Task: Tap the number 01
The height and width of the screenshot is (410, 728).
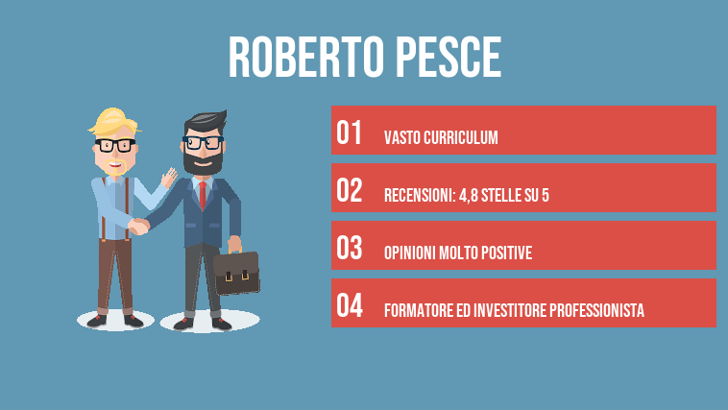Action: (x=349, y=133)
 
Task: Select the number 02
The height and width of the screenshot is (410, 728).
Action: (x=349, y=191)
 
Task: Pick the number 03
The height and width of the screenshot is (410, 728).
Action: (x=349, y=249)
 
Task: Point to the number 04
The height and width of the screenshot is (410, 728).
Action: (x=349, y=306)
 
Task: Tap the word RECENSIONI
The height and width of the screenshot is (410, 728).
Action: (x=415, y=196)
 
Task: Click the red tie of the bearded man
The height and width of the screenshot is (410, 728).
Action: (x=202, y=193)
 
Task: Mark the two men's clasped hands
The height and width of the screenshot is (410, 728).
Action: (x=140, y=226)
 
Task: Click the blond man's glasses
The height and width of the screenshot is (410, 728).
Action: (x=115, y=146)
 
